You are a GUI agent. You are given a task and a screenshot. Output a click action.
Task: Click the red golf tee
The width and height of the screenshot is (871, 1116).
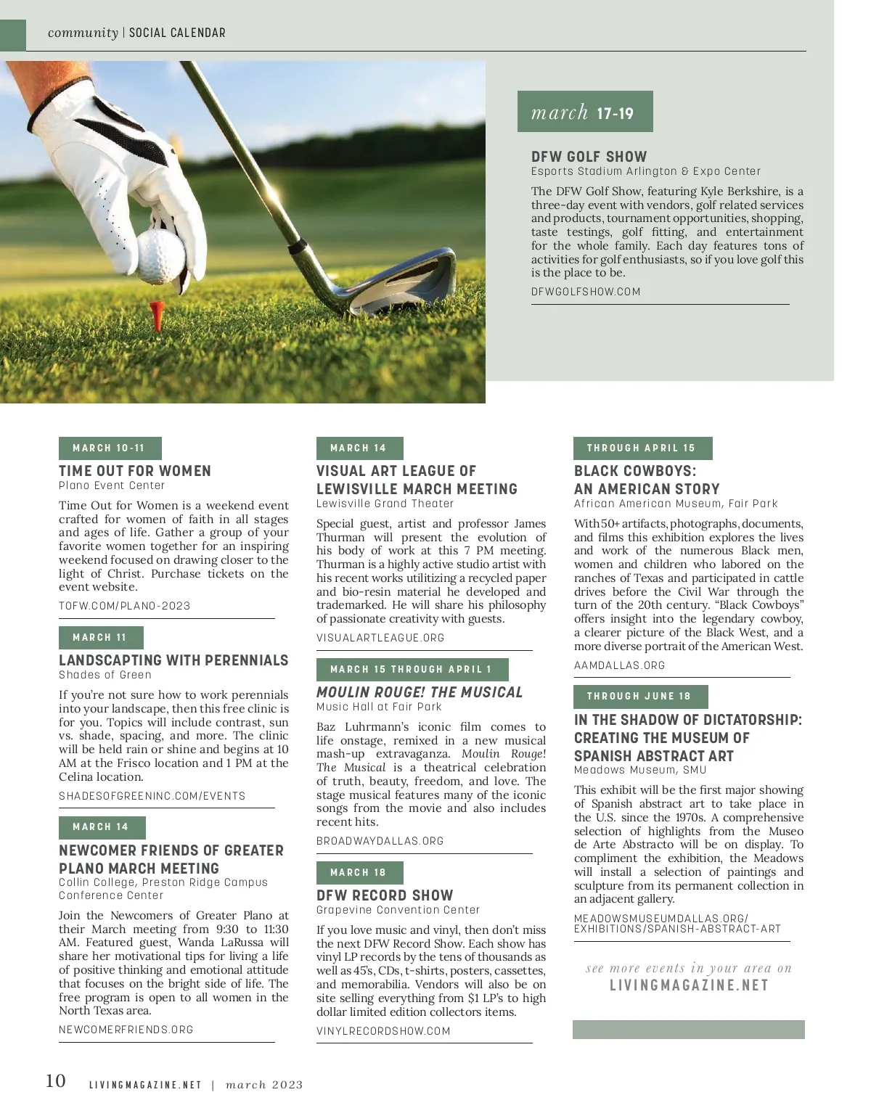[x=156, y=313]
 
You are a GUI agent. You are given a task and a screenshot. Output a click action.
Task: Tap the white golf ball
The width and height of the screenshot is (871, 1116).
[x=161, y=255]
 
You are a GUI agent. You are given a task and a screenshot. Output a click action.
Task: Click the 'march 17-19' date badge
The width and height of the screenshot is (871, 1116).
[x=584, y=112]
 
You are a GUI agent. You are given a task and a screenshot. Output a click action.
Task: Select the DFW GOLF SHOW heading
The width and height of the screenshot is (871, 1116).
[x=589, y=157]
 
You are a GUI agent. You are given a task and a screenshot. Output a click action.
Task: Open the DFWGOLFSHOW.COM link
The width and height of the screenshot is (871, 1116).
[x=586, y=292]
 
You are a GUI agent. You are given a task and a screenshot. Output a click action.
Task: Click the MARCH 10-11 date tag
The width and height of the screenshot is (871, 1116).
[x=110, y=448]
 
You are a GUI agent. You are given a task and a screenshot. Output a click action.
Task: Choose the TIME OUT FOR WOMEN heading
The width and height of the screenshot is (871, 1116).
[x=135, y=471]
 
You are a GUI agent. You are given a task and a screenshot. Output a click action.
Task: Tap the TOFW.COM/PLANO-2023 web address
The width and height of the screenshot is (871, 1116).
[x=124, y=606]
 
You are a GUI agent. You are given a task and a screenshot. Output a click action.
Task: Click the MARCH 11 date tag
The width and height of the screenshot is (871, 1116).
[x=100, y=637]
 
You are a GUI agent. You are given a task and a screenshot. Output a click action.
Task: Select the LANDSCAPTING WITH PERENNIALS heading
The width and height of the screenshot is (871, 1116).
[x=173, y=660]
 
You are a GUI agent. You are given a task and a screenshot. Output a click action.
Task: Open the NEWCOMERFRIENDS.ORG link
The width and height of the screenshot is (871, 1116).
[x=126, y=1030]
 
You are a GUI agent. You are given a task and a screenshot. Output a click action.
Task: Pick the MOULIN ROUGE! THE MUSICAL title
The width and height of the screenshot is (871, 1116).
[x=419, y=692]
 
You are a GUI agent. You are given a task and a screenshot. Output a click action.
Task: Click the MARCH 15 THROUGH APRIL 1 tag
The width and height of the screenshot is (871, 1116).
[x=412, y=669]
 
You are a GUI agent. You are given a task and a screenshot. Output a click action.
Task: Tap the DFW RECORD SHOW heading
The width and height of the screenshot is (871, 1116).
[x=385, y=895]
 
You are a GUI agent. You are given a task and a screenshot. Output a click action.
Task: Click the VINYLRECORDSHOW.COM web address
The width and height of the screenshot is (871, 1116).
[x=383, y=1031]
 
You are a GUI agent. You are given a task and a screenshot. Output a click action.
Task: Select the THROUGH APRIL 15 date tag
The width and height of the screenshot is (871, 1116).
[x=642, y=448]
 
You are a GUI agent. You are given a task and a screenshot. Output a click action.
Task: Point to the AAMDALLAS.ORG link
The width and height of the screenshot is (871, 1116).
[x=619, y=665]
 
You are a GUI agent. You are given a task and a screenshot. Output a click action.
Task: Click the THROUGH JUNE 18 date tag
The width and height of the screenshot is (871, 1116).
[x=639, y=696]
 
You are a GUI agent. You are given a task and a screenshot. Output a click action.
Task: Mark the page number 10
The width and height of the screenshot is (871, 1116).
[x=56, y=1081]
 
